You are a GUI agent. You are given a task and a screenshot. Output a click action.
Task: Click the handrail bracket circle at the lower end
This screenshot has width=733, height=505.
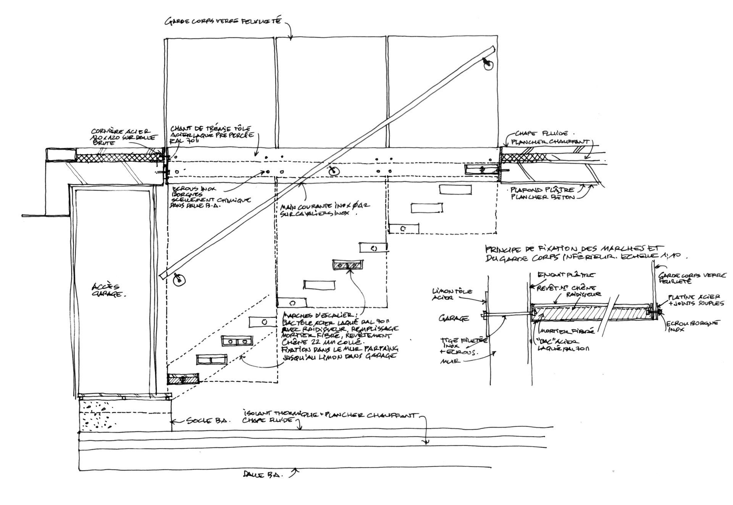[179, 280]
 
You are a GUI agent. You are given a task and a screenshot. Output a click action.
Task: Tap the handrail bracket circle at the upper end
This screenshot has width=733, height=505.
[488, 66]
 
